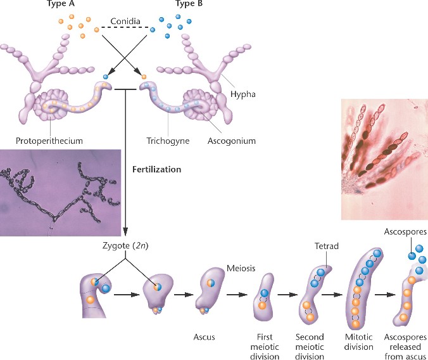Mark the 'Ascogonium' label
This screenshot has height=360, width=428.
click(x=227, y=141)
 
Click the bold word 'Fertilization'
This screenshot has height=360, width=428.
click(x=157, y=170)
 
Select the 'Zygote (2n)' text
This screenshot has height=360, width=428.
click(x=127, y=245)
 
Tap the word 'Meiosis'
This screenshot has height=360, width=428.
click(x=241, y=269)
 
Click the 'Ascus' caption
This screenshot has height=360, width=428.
click(x=205, y=337)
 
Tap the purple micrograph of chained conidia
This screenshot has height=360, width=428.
click(x=61, y=192)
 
